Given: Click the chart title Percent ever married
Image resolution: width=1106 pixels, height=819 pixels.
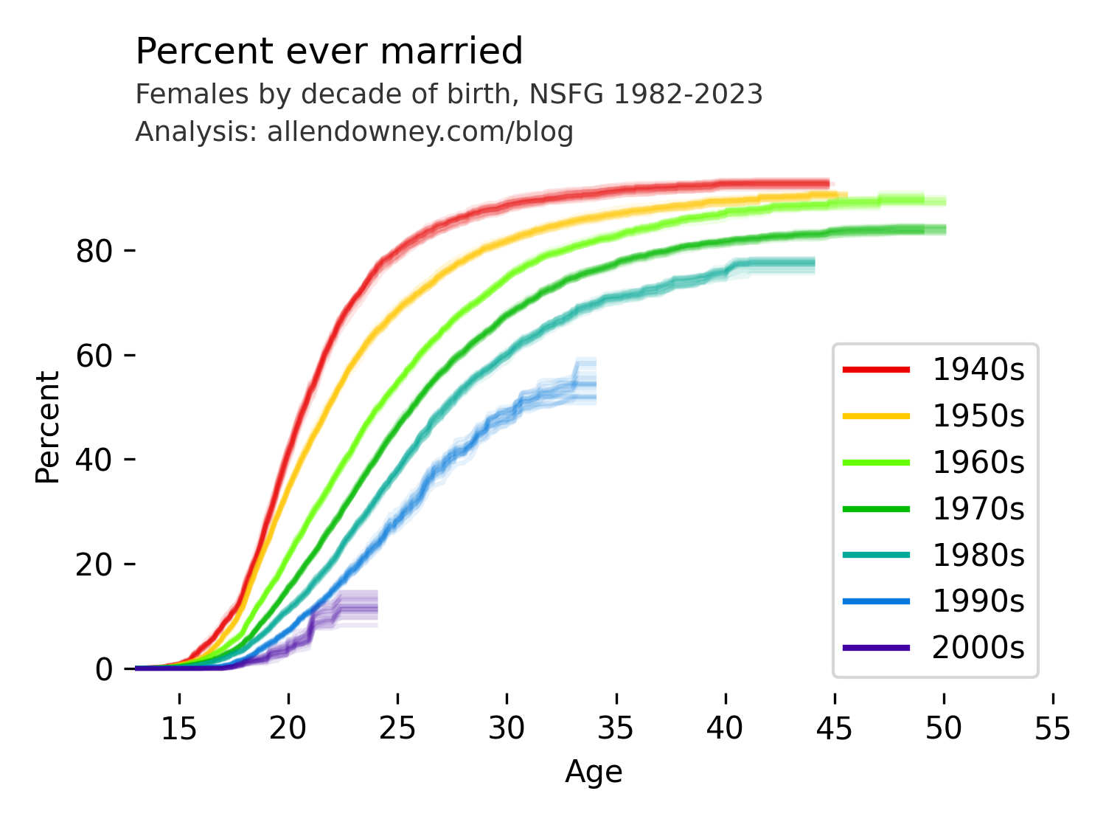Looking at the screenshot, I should click(329, 52).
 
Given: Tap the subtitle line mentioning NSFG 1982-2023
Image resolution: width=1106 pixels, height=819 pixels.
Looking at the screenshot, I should click(448, 94).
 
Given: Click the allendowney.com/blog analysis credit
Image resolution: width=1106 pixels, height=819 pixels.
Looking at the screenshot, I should click(354, 132).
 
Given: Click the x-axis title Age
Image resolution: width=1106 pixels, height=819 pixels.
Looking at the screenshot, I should click(594, 773).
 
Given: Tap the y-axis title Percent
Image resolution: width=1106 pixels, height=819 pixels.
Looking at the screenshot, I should click(48, 427).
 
